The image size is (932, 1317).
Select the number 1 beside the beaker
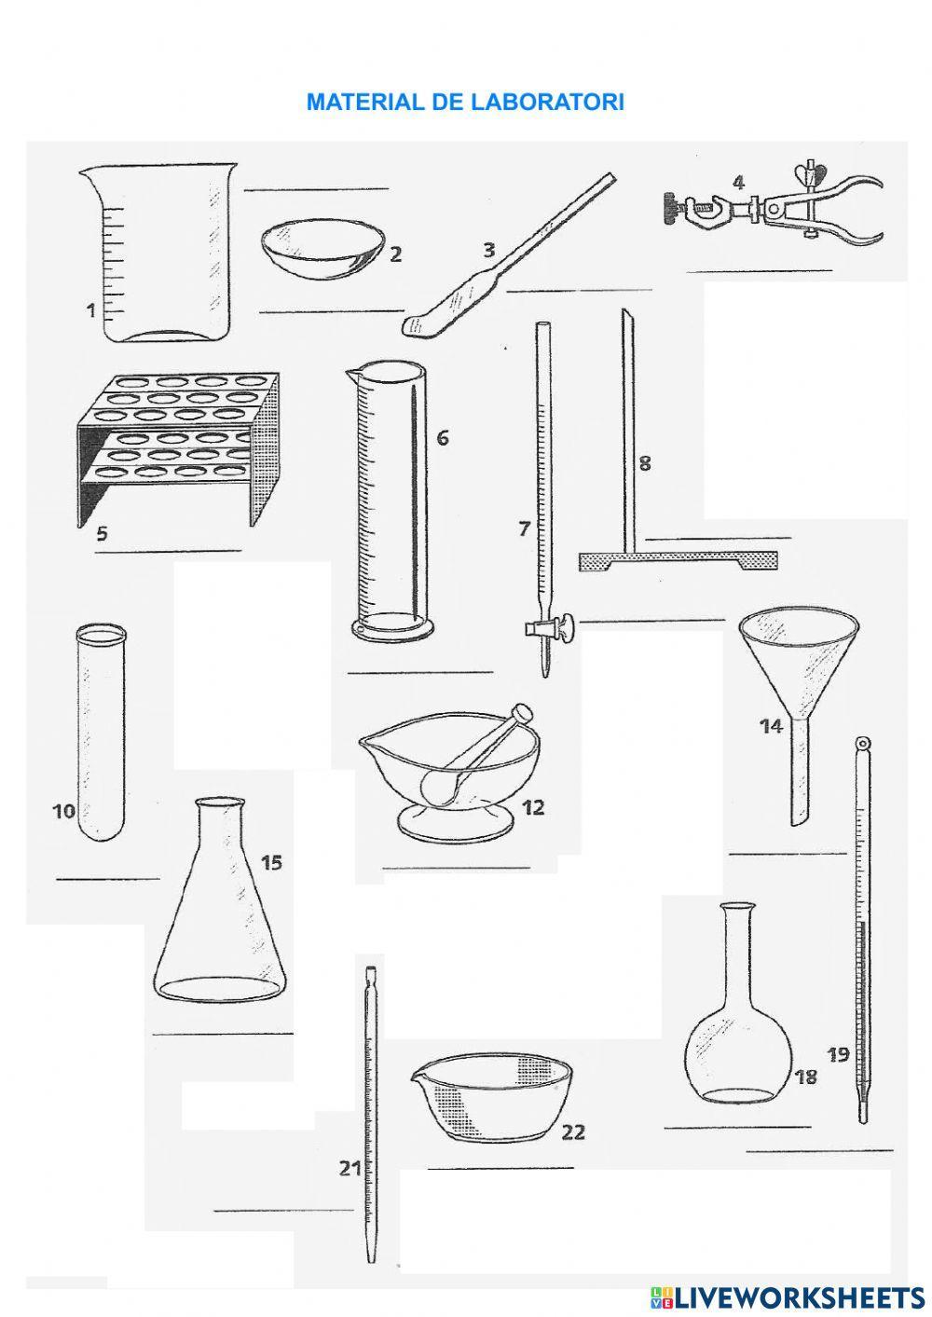91,310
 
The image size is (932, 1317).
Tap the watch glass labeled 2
322,249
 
